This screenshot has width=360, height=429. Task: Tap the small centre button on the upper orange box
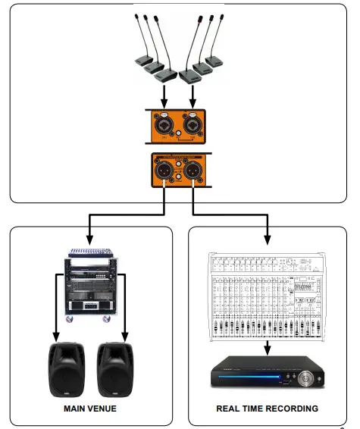click(x=179, y=134)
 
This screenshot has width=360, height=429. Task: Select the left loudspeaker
click(x=65, y=370)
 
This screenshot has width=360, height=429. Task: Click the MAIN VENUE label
click(x=90, y=409)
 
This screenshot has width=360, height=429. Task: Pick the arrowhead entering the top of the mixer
click(x=267, y=236)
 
